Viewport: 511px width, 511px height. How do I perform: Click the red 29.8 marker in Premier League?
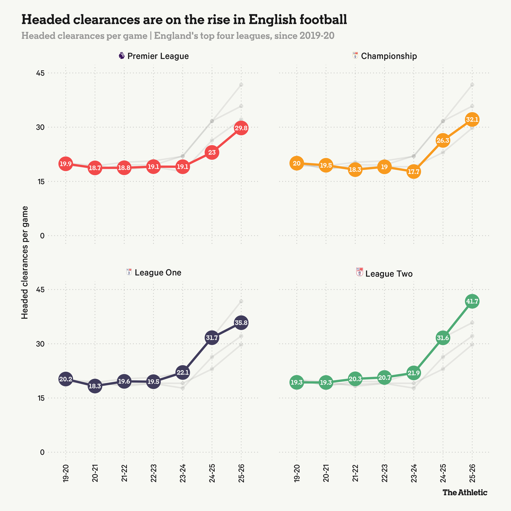[x=241, y=128]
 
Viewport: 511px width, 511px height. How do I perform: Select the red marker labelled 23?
[x=212, y=152]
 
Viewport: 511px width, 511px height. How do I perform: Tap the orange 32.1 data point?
[x=472, y=119]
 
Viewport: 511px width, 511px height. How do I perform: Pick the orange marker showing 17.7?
[x=414, y=172]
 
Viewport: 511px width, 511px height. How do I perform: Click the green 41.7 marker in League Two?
[x=472, y=301]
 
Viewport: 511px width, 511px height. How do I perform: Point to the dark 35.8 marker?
[x=241, y=323]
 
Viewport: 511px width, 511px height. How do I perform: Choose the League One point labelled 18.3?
[x=95, y=386]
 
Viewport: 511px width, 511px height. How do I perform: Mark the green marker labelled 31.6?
[x=443, y=338]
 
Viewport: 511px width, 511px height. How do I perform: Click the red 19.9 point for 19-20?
[x=65, y=164]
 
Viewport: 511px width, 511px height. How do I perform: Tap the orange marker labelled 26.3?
[x=443, y=140]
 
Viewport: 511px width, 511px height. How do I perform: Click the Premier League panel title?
[x=158, y=56]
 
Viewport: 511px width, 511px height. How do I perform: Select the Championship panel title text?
[x=389, y=56]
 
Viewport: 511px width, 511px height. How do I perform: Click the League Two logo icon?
[x=360, y=272]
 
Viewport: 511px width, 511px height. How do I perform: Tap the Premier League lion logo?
[x=122, y=56]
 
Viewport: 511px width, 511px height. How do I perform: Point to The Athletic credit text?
[x=465, y=492]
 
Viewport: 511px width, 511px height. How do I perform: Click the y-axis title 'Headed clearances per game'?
[x=25, y=262]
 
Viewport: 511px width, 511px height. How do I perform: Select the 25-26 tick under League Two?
[x=472, y=473]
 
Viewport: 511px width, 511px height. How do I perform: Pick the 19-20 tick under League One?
[x=66, y=473]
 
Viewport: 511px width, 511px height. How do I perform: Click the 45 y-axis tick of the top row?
[x=40, y=73]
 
